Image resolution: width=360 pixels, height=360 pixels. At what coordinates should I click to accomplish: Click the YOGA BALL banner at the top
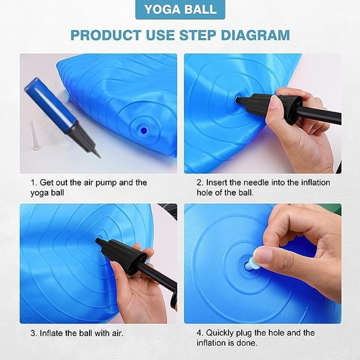(x=180, y=9)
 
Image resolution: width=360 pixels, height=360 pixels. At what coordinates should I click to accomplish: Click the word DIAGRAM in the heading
(x=255, y=35)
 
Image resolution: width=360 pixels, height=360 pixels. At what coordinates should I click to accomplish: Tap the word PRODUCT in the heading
(x=106, y=35)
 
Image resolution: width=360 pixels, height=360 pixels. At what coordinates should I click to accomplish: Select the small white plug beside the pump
(x=35, y=136)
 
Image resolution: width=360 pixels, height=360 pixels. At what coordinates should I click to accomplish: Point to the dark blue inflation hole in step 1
(x=144, y=130)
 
